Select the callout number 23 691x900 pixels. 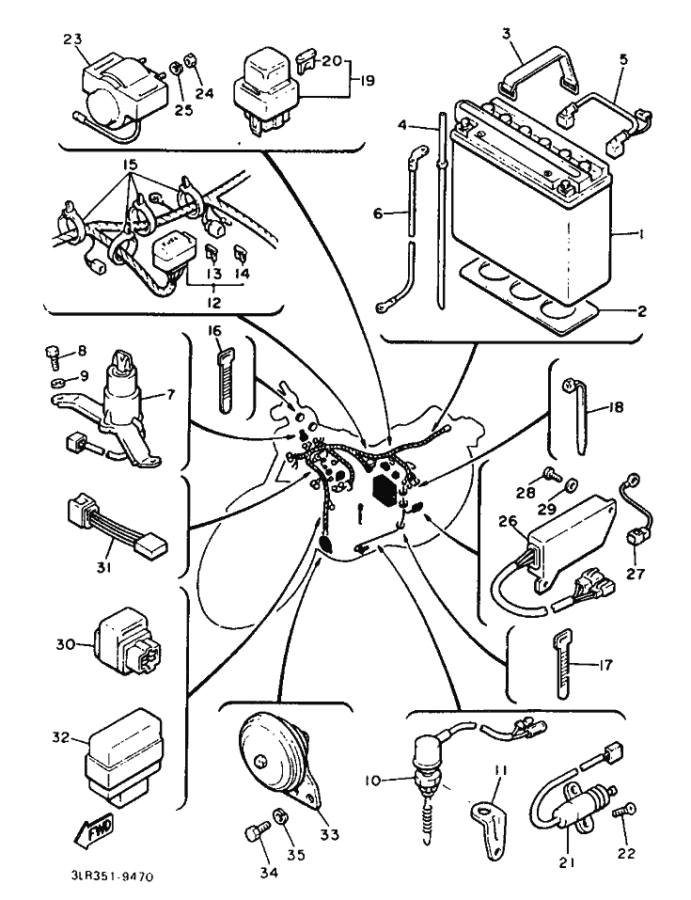pos(73,39)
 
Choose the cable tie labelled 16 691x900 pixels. pos(226,382)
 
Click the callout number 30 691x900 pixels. pos(65,644)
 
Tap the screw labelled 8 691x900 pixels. pos(53,355)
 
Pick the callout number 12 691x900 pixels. pos(213,300)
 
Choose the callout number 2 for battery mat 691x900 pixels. pos(641,311)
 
